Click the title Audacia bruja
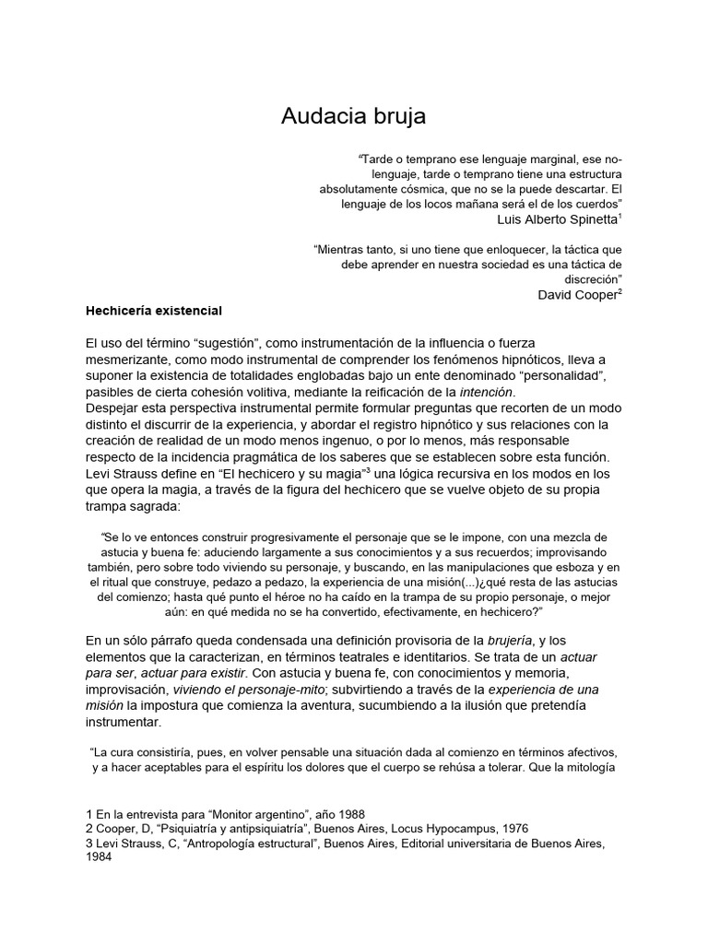pyautogui.click(x=354, y=117)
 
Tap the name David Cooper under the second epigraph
pyautogui.click(x=577, y=294)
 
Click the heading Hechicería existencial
pyautogui.click(x=155, y=311)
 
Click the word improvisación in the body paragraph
pyautogui.click(x=130, y=690)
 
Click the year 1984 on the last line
pyautogui.click(x=99, y=856)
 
